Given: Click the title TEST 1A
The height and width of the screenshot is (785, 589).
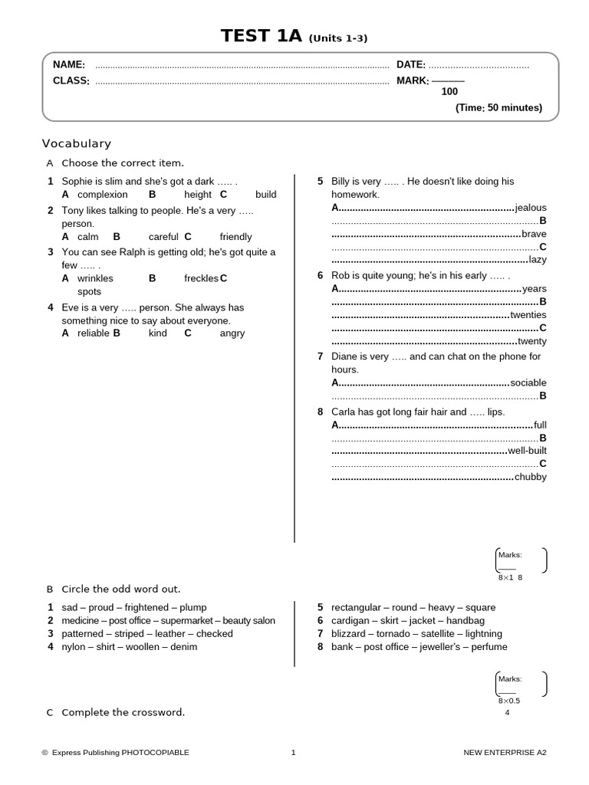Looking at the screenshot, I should [262, 36].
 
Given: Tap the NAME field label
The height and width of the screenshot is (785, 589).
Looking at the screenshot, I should [68, 65].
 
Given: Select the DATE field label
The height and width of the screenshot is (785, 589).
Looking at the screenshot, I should [410, 65].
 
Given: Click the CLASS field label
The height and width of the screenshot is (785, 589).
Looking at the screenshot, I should [71, 80].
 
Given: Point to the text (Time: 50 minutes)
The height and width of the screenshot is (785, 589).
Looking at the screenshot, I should [499, 108].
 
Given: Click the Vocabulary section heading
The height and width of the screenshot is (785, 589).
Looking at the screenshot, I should [77, 143].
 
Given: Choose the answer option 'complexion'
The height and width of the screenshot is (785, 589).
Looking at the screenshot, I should [103, 195].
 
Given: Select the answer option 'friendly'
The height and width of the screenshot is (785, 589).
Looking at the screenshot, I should [235, 237].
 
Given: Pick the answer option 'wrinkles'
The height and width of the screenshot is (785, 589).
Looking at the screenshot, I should [95, 278].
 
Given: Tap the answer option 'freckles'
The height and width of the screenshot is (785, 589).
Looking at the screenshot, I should [202, 278].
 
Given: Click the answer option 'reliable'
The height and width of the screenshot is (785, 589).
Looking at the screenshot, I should [94, 333].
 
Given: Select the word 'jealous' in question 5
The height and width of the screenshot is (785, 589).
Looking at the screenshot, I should [531, 208].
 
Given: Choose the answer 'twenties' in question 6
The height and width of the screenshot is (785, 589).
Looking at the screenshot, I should [528, 315].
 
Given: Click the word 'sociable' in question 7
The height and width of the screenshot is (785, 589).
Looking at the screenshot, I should [528, 383].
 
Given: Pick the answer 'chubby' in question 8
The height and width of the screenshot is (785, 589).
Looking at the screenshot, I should [530, 477].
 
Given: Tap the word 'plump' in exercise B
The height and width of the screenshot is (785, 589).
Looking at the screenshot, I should [192, 607].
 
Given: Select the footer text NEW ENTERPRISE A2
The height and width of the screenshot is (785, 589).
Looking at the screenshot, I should [505, 753].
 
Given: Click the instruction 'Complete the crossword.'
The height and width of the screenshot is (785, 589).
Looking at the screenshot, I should [123, 712].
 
